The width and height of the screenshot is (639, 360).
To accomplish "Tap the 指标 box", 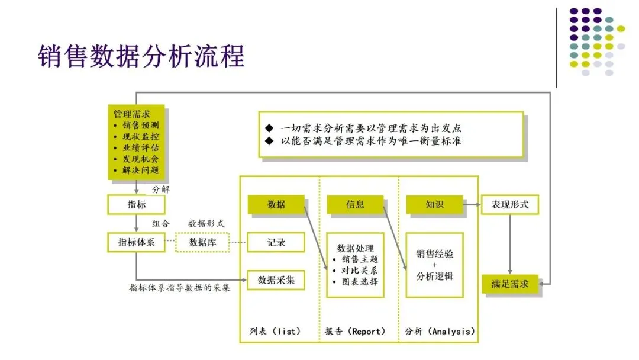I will pos(136,205).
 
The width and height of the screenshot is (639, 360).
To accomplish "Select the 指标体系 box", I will pos(136,242).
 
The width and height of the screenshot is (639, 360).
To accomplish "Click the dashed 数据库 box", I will pos(202,242).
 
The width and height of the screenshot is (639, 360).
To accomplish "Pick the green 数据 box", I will pos(276,204).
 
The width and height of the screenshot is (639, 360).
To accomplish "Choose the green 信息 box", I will pos(355,204).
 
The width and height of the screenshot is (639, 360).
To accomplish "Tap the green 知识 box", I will pos(434,204).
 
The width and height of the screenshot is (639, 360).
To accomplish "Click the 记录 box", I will pos(276,242).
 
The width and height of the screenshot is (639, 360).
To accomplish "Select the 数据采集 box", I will pos(276,280).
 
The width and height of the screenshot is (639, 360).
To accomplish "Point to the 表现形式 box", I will pos(509,205).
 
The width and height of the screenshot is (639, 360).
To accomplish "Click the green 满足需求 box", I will pos(509,284).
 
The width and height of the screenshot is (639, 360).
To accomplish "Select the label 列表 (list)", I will pos(275,331).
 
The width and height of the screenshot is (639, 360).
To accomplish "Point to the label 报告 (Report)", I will pos(355,331).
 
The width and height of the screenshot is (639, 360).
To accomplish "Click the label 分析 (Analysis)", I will pos(440,331).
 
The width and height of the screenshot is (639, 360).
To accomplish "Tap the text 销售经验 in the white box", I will pos(435,253).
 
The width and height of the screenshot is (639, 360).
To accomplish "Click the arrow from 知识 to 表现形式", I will pos(471,204).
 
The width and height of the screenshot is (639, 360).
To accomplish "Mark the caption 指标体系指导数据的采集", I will pos(180,288).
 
